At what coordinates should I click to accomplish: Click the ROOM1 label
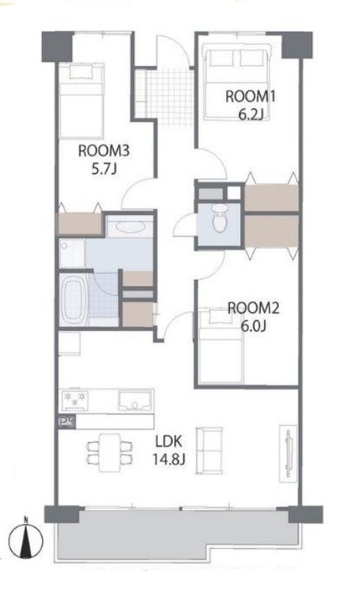tap(250, 96)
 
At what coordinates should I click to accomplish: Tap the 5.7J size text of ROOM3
tap(104, 169)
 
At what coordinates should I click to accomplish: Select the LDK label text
tap(169, 442)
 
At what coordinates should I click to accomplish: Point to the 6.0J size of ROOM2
tap(253, 326)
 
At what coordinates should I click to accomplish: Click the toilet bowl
tap(220, 219)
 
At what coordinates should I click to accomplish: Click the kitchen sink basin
tap(135, 401)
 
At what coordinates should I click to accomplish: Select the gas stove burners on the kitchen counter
tap(75, 400)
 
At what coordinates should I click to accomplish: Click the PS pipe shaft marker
tap(67, 422)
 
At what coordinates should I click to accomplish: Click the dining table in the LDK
tap(110, 453)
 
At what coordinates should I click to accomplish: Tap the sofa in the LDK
tap(209, 450)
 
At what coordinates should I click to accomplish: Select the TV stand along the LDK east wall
tap(288, 453)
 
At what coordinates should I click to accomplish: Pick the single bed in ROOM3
tap(82, 100)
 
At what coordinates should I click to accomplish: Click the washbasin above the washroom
tap(130, 227)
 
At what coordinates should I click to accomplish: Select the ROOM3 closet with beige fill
tap(80, 224)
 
